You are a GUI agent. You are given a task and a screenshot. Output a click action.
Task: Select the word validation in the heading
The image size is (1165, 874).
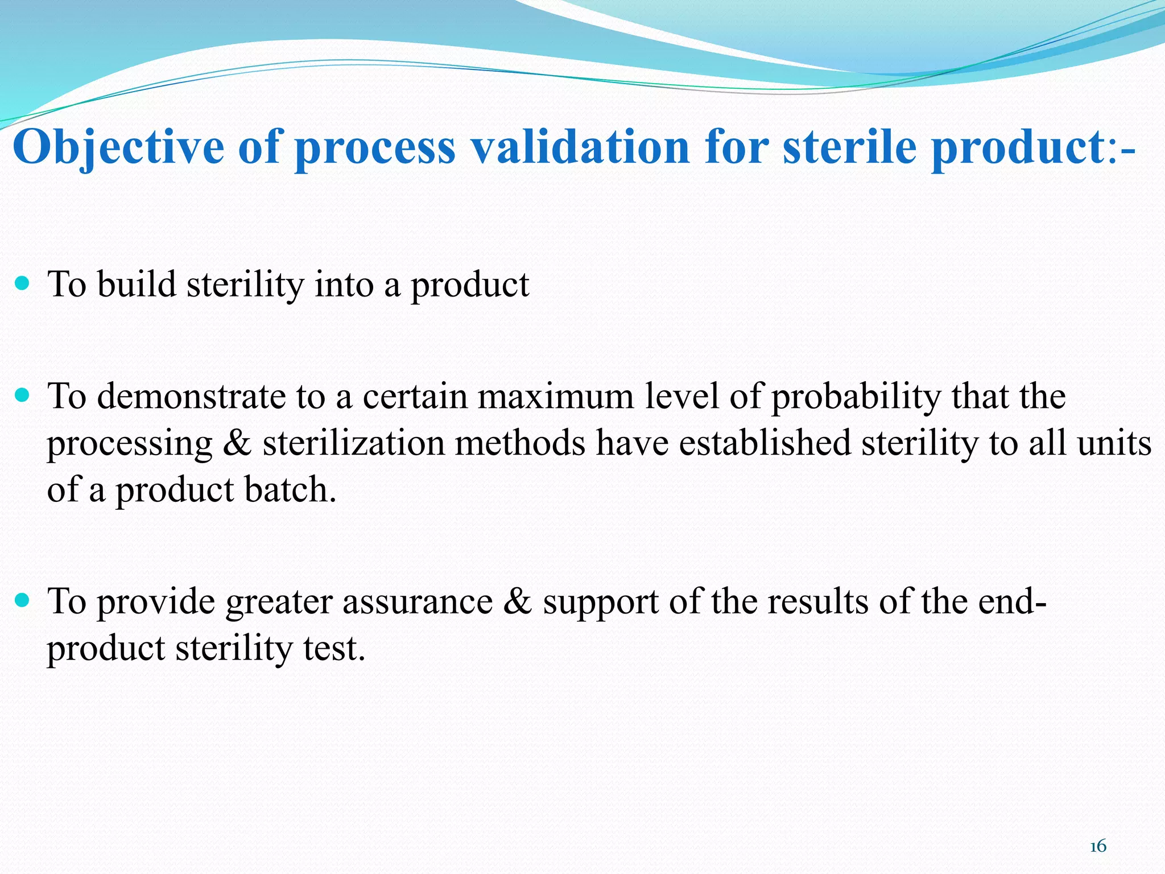[581, 147]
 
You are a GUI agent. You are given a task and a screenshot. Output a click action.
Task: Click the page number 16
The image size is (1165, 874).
[1098, 846]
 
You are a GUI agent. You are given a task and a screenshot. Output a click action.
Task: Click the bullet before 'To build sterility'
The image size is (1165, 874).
[22, 283]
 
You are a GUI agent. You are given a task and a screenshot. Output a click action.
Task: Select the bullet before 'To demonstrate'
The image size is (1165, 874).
[22, 395]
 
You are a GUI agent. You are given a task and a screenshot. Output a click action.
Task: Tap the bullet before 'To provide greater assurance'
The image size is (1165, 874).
[22, 600]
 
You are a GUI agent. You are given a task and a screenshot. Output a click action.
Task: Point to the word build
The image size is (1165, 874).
[137, 284]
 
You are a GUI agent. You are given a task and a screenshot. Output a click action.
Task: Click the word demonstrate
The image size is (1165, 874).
[191, 396]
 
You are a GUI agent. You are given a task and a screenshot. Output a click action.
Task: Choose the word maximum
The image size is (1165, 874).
[555, 396]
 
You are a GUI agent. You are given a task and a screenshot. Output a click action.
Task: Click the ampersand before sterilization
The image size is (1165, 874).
[237, 443]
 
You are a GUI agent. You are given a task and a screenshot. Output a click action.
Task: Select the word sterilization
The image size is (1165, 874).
[353, 443]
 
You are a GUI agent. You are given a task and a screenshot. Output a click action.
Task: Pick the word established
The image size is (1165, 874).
[765, 443]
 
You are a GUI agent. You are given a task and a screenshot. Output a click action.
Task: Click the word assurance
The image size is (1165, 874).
[417, 602]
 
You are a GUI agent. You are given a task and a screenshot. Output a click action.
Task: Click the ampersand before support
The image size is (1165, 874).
[517, 602]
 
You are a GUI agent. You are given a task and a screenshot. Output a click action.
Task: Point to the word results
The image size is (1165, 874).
[818, 602]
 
